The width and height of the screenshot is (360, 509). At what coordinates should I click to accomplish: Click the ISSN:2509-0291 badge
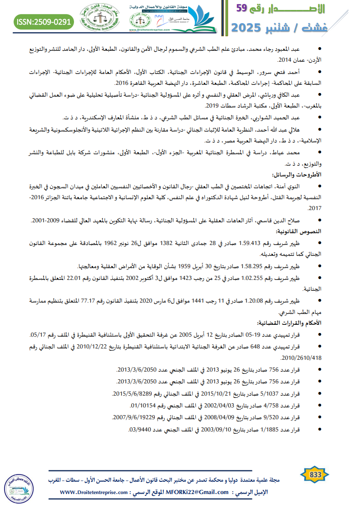tap(44, 21)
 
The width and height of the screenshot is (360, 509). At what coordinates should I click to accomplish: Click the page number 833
tap(315, 474)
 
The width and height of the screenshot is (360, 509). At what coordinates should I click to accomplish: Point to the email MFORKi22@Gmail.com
tap(196, 492)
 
